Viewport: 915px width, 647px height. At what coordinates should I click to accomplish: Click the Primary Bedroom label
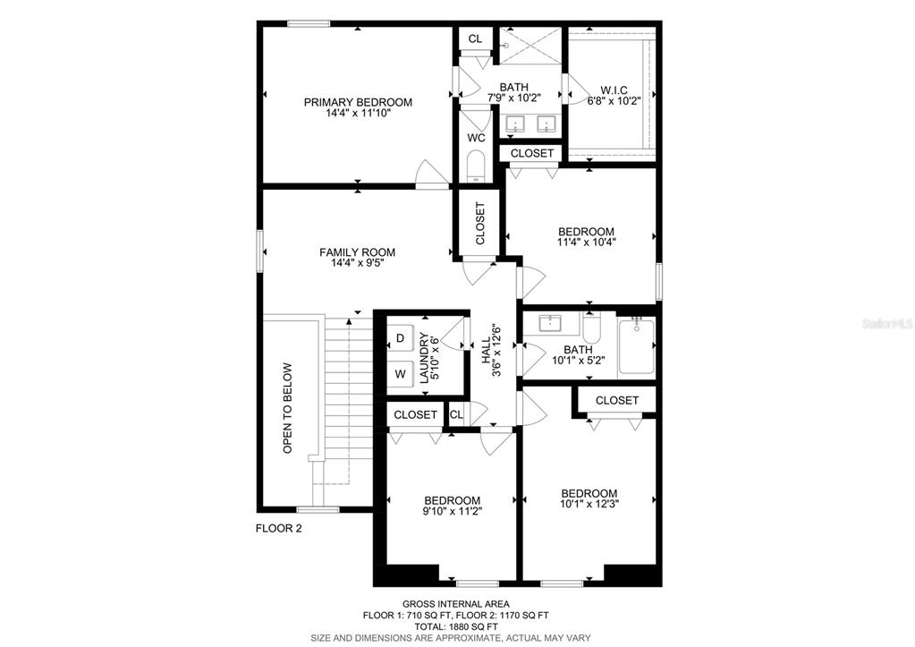point(358,102)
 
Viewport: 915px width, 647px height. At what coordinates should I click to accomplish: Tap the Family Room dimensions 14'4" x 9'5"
point(357,263)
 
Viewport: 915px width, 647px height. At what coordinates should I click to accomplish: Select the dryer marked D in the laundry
point(401,338)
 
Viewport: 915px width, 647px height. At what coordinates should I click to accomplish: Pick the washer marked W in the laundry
point(401,374)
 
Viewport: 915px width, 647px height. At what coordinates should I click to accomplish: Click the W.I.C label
point(614,90)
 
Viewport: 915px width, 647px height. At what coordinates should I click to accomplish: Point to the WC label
point(477,139)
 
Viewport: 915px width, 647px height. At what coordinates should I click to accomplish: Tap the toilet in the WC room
point(477,166)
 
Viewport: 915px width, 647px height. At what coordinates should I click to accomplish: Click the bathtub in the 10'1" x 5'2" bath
point(636,345)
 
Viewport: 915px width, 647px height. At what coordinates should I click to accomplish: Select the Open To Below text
point(287,409)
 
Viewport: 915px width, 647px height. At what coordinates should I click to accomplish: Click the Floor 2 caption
point(279,529)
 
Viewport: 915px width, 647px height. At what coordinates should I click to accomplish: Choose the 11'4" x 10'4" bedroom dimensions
point(587,241)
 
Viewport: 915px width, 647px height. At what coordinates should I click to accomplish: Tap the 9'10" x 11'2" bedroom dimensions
point(453,510)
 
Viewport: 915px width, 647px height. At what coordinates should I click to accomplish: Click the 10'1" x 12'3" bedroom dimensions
point(589,503)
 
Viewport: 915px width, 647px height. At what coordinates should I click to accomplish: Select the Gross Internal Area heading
point(456,604)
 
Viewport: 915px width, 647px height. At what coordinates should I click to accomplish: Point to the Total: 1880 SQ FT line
point(456,626)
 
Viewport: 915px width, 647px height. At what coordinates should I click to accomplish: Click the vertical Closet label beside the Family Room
point(480,224)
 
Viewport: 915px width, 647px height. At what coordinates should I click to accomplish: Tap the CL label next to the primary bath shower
point(475,39)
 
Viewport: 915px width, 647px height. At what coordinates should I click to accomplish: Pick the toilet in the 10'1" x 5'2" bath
point(591,328)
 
